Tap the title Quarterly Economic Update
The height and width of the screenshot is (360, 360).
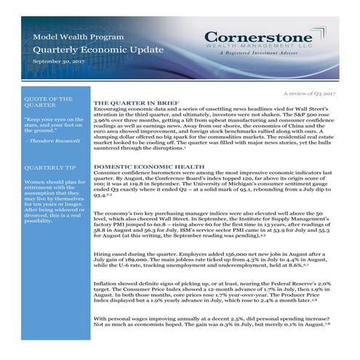point(80,49)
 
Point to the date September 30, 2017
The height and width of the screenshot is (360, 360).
point(57,63)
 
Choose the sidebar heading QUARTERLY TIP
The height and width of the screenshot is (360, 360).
point(49,166)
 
